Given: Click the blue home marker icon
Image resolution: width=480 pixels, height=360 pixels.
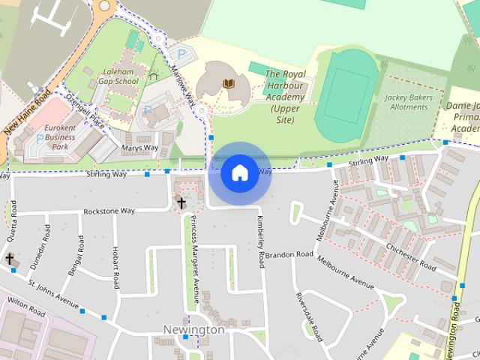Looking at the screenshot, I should click(239, 173).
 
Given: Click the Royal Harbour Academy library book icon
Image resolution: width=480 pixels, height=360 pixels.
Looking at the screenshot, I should click(229, 82).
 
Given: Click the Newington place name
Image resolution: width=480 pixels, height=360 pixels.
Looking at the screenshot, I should click(193, 330).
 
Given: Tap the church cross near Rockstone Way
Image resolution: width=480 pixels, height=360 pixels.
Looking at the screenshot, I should click(181, 202).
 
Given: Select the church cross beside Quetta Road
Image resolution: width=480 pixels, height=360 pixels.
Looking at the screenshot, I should click(10, 259).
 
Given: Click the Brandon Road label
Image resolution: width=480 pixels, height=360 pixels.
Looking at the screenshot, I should click(289, 255).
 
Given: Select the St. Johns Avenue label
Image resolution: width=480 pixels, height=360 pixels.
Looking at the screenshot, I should click(53, 294).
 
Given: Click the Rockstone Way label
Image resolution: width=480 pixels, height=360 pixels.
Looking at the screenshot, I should click(109, 211).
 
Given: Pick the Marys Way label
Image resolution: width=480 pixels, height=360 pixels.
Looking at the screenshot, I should click(139, 148).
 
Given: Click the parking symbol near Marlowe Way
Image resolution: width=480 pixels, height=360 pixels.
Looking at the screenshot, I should click(181, 54).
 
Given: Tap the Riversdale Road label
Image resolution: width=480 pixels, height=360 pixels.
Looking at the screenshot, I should click(308, 315).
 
